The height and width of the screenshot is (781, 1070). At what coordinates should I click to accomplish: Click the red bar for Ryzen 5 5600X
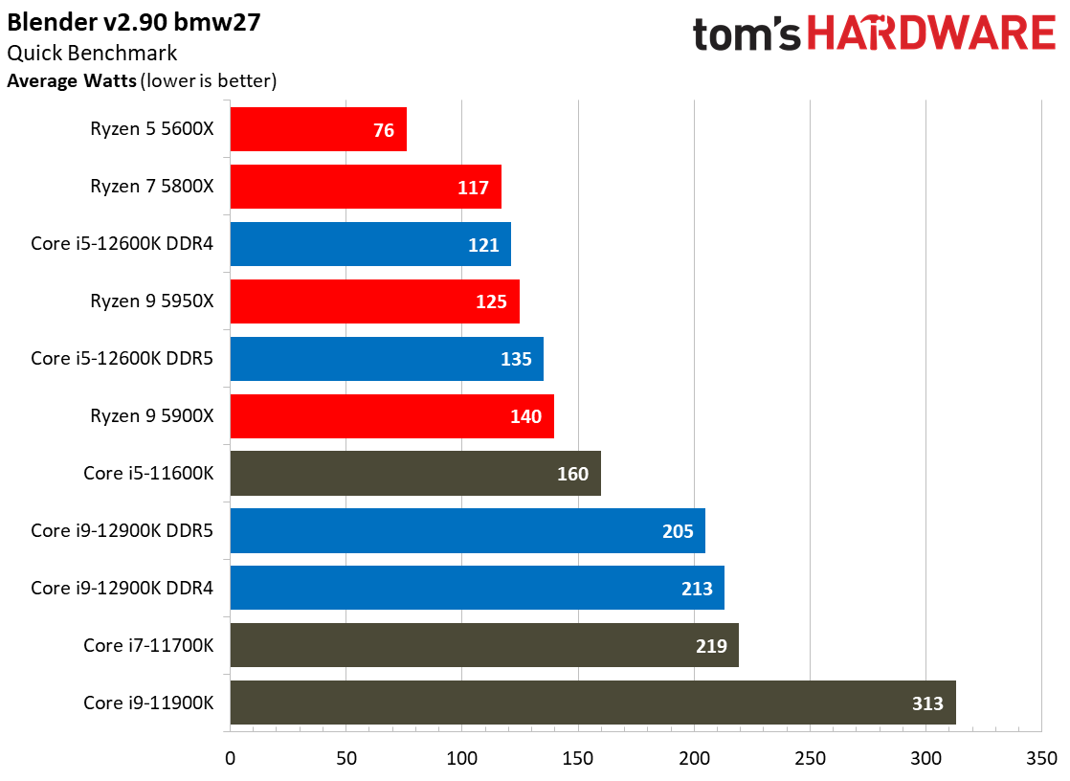click(x=319, y=129)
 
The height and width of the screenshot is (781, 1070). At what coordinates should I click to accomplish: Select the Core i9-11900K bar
click(x=593, y=703)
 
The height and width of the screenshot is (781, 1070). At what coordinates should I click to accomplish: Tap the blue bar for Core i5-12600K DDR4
click(x=370, y=244)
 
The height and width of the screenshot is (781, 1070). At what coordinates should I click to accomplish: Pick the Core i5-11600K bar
click(x=415, y=473)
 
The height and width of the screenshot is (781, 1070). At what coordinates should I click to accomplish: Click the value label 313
click(x=927, y=703)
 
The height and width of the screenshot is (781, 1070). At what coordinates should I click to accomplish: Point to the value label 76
click(x=384, y=130)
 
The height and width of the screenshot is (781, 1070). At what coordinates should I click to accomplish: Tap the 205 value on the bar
click(x=678, y=531)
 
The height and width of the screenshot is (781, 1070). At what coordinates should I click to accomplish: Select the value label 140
click(x=525, y=416)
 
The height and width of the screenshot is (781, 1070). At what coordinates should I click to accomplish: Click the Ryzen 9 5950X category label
click(x=152, y=301)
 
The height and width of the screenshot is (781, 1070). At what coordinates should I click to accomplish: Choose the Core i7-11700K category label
click(x=148, y=645)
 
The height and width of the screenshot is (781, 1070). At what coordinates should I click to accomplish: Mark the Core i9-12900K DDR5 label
click(x=123, y=530)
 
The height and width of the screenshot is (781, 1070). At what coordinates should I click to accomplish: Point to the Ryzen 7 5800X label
click(x=152, y=187)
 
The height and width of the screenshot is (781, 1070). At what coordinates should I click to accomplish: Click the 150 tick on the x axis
click(x=578, y=758)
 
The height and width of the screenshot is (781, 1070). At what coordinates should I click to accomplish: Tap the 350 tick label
click(x=1042, y=758)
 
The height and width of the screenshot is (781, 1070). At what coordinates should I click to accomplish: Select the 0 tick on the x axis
click(x=230, y=758)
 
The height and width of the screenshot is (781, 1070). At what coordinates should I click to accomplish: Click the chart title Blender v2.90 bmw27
click(x=134, y=23)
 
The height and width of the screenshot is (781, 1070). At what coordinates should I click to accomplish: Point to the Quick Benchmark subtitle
click(x=92, y=54)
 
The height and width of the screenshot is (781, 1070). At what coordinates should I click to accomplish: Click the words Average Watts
click(x=72, y=80)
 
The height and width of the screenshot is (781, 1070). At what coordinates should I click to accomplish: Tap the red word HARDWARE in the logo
click(x=931, y=33)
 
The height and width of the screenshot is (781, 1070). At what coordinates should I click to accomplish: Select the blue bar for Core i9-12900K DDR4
click(x=477, y=588)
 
